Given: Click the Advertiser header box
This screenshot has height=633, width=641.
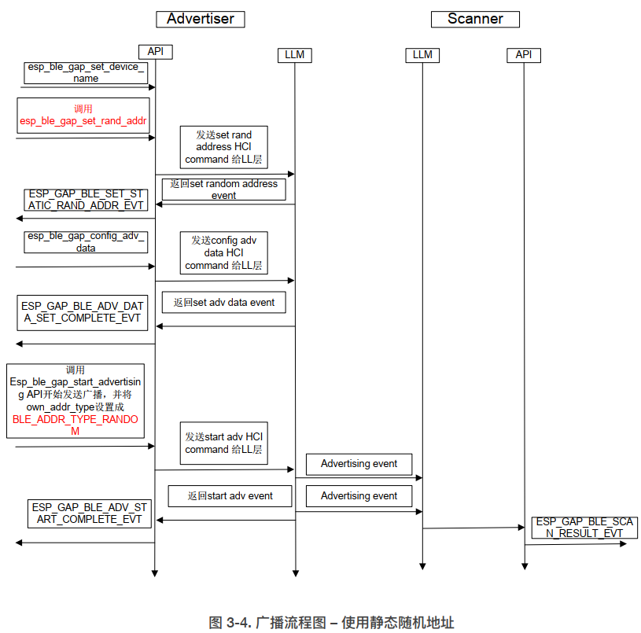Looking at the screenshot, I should (x=200, y=19).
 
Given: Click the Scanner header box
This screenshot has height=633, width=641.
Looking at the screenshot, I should (x=475, y=19).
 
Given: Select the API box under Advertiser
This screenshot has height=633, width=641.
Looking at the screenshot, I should (x=155, y=52).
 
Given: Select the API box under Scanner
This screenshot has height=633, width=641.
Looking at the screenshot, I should (x=523, y=54).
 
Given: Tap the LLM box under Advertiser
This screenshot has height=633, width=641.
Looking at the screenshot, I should (x=295, y=55).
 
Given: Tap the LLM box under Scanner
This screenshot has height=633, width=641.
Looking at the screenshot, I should (x=422, y=55).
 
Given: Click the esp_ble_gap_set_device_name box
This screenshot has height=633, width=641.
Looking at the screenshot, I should (x=86, y=72).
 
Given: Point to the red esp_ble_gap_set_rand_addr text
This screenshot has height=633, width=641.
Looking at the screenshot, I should (x=84, y=121).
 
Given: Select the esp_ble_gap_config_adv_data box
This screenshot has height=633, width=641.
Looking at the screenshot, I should (x=86, y=241).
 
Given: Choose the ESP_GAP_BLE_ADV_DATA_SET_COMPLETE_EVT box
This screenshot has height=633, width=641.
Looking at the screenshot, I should (x=82, y=312).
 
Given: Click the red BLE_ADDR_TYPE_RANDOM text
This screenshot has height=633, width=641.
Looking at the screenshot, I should (x=76, y=425).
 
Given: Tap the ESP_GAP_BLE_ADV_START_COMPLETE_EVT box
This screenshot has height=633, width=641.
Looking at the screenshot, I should (x=90, y=513).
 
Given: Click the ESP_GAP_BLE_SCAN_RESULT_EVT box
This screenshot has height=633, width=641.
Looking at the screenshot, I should (x=584, y=527).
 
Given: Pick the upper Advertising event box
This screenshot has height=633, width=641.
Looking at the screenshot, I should (x=359, y=464).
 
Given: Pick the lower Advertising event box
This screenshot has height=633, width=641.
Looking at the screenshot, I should (x=359, y=496).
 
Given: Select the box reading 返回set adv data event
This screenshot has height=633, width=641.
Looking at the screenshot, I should (x=224, y=302).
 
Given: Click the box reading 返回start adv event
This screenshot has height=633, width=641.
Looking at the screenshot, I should (x=230, y=496).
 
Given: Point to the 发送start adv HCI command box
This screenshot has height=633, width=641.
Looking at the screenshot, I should (x=223, y=443).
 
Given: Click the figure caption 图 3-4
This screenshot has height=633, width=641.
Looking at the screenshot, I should (x=331, y=622).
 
